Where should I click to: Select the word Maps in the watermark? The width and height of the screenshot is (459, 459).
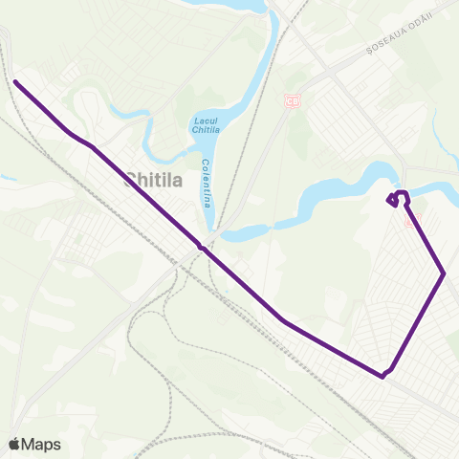coord(42,444)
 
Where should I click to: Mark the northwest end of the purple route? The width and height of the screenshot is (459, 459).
coord(16,81)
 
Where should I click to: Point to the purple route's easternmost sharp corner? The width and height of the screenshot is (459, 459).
coord(445,274)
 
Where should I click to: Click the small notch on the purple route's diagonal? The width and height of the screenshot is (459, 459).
coord(200,246)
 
